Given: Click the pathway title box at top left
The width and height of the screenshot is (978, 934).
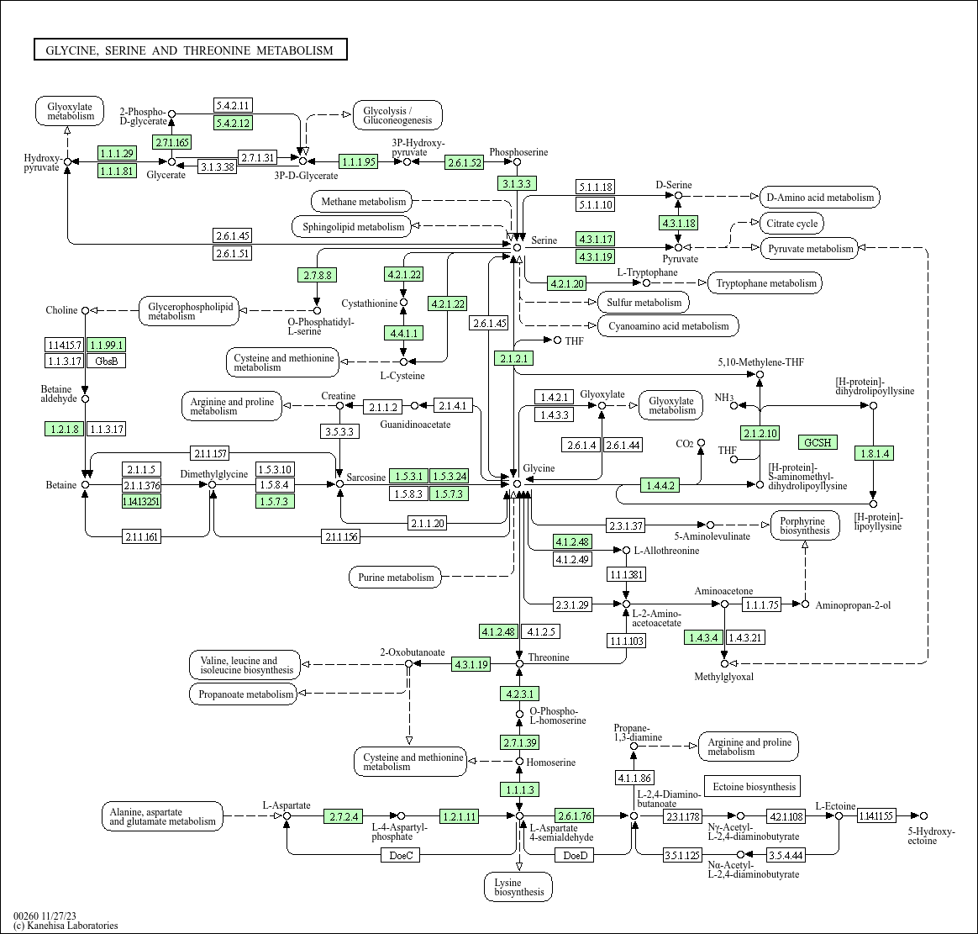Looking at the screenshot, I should [190, 50].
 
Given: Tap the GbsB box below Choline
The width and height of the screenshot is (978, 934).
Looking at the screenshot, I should [107, 361].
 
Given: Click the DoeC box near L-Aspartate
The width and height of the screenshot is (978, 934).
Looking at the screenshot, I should [401, 856].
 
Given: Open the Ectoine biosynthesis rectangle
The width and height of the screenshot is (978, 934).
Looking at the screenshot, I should [753, 787].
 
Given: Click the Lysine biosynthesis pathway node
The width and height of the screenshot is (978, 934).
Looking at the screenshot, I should [518, 887].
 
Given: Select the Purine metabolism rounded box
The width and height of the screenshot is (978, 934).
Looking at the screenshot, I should [396, 578].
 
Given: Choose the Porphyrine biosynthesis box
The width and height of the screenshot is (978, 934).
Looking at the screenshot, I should [804, 525].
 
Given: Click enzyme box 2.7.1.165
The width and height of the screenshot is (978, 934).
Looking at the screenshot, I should [171, 142].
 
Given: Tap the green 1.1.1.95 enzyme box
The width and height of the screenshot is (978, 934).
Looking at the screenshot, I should [358, 161].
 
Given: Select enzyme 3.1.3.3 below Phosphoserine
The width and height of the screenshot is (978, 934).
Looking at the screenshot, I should [518, 183].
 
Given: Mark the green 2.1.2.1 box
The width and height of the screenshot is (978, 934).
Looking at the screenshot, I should [514, 358].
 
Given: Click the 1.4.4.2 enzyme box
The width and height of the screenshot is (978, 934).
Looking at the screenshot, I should [659, 485].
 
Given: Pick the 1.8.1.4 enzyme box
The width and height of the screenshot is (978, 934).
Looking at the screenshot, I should [873, 454].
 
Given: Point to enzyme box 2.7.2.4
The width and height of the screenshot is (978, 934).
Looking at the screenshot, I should [344, 816].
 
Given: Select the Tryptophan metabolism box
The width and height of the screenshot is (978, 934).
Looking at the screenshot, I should [765, 283].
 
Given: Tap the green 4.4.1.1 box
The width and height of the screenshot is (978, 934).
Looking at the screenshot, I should [403, 334].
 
